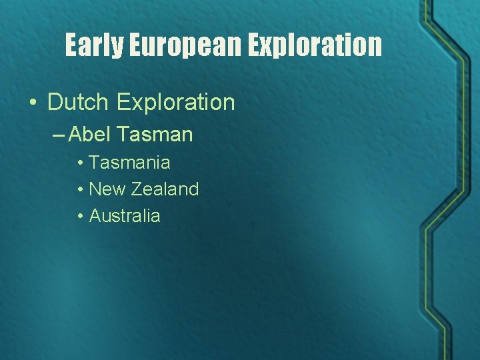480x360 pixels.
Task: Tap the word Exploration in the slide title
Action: point(316,45)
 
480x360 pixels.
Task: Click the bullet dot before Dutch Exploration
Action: point(32,103)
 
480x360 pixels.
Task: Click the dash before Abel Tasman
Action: point(58,135)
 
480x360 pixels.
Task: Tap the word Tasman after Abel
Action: point(154,135)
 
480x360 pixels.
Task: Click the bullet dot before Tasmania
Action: point(79,163)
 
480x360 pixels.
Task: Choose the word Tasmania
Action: point(129,162)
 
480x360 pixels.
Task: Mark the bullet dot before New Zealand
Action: point(79,189)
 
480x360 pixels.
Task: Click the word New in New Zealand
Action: point(107,189)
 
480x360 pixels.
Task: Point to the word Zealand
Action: point(165,189)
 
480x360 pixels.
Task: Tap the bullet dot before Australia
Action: point(79,216)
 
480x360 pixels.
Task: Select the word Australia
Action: point(125,215)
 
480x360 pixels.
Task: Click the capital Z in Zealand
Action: point(136,189)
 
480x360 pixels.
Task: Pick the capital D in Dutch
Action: point(55,102)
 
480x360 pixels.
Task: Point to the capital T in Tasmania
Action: point(94,162)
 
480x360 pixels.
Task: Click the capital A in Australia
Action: point(94,215)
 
